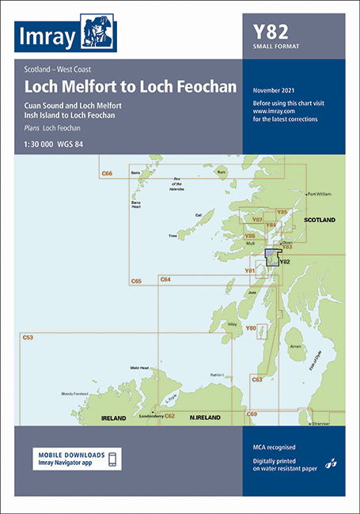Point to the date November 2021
tap(276, 92)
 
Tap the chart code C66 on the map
tap(107, 172)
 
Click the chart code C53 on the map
tap(28, 338)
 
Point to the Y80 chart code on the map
tap(251, 328)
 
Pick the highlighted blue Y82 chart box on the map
tap(271, 259)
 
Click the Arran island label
tap(296, 346)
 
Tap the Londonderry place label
tap(151, 414)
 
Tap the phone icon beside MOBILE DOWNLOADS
tap(112, 459)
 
